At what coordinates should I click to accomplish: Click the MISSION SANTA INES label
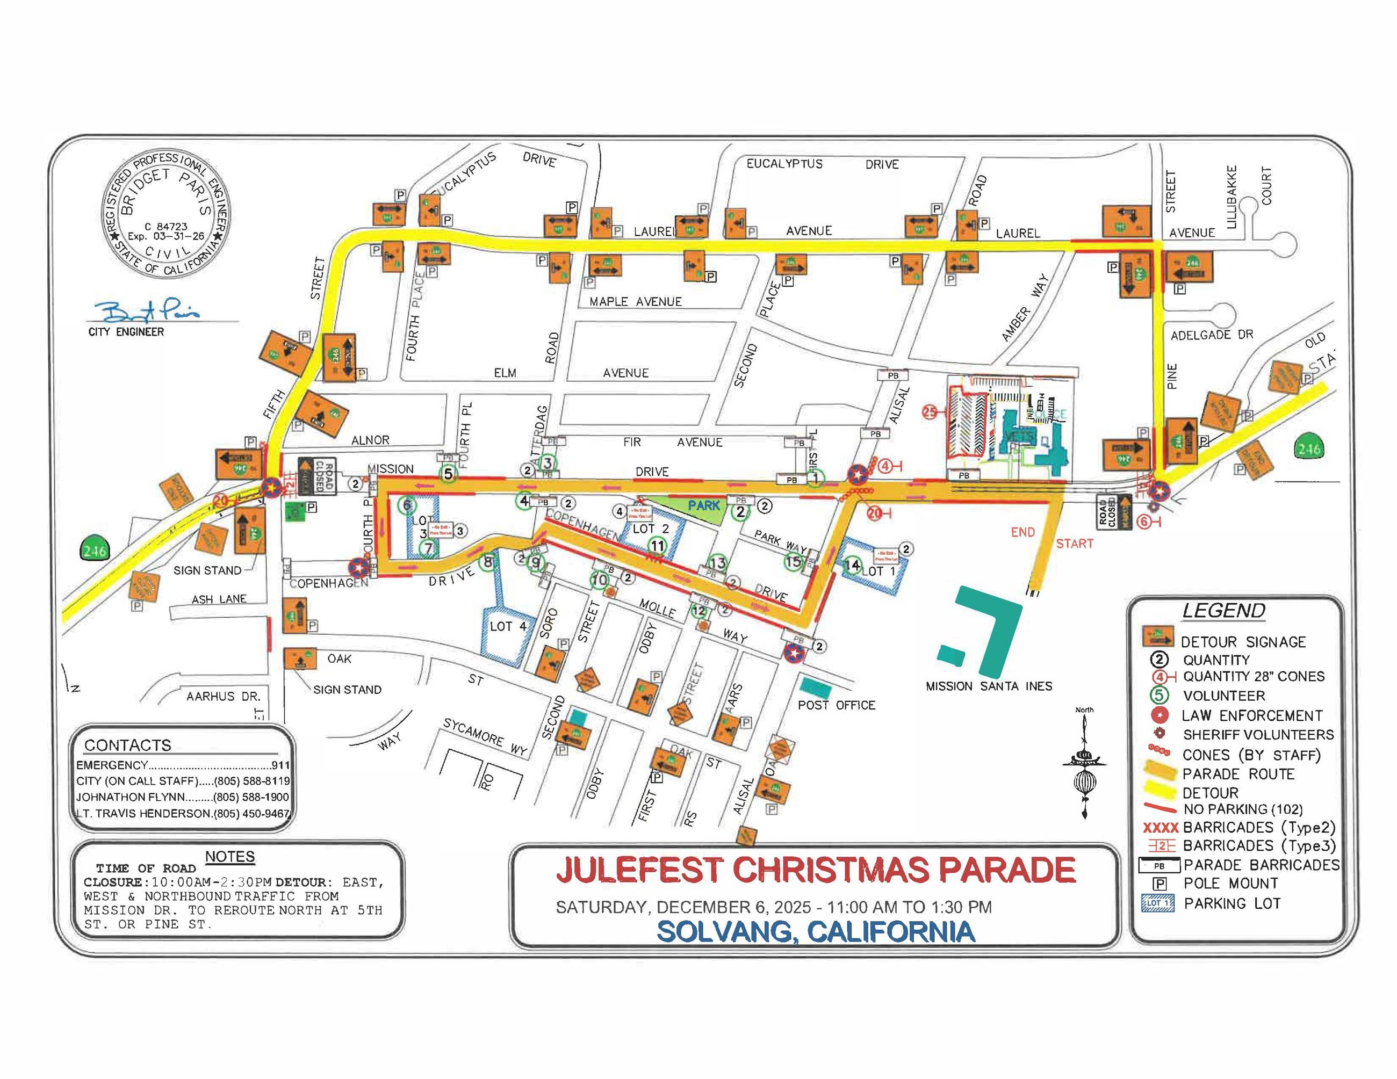coord(988,686)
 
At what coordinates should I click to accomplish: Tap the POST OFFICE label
coord(836,705)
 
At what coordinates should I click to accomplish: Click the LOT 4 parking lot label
coord(508,626)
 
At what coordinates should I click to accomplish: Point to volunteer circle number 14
coord(852,565)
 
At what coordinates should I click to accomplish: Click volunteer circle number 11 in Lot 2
coord(657,545)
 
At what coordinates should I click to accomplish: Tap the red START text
coord(1074,544)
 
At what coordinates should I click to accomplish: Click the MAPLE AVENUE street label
coord(635,302)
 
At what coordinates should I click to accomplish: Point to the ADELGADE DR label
coord(1212,335)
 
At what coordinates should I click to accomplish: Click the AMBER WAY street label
coord(1025,307)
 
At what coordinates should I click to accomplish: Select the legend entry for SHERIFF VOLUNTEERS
coord(1257,735)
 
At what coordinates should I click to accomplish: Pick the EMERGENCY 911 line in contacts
coord(182,765)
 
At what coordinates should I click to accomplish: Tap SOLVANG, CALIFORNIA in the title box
coord(816,931)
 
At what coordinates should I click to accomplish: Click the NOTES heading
coord(229,857)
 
